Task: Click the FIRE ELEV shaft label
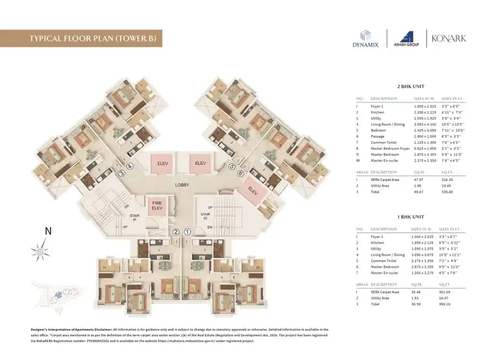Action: click(157, 206)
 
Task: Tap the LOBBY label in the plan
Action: click(184, 186)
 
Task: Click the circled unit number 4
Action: click(130, 166)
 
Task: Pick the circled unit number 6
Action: click(240, 173)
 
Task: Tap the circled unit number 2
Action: click(176, 232)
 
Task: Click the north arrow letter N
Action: click(47, 232)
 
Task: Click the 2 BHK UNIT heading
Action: click(411, 87)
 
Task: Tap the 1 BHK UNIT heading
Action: click(411, 217)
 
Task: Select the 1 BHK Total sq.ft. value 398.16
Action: click(445, 304)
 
